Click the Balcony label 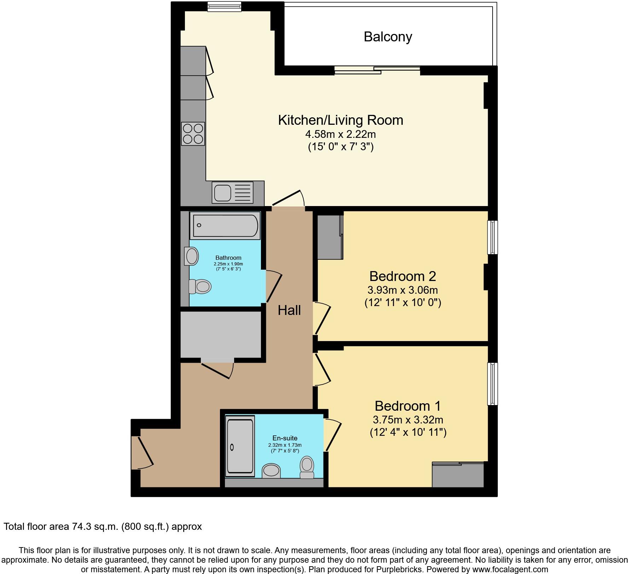pos(388,37)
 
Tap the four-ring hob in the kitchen pos(193,134)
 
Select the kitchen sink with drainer pos(232,193)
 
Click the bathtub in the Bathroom pos(225,225)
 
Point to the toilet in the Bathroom pos(200,286)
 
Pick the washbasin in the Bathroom pos(191,256)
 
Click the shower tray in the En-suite pos(240,446)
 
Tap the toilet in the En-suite pos(307,467)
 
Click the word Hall pos(289,310)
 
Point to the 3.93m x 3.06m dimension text pos(402,290)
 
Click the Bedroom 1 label pos(407,406)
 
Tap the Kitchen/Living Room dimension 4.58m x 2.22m pos(340,134)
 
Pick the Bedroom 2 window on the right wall pos(492,237)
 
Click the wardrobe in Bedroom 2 pos(330,236)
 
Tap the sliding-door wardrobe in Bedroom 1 pos(458,475)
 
